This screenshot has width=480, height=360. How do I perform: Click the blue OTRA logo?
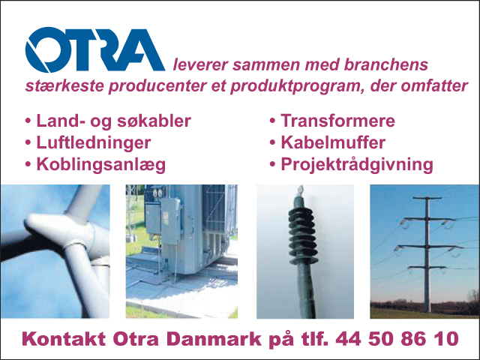pos(95,49)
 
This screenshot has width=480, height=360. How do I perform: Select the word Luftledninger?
pos(94,142)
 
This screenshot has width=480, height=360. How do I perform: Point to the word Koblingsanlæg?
pos(101,165)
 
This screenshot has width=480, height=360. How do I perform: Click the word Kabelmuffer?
pos(333,142)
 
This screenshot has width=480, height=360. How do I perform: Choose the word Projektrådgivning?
pos(357,165)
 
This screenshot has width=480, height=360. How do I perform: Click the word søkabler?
pos(154,121)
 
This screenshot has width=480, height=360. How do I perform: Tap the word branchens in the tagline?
pos(385,65)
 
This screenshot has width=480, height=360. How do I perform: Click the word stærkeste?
pos(64,86)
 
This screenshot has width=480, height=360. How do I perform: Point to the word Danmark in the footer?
pos(214,339)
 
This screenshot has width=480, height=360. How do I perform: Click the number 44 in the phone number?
pos(348,339)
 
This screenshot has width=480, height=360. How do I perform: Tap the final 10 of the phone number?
pos(446,339)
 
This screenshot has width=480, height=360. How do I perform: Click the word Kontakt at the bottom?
pos(64,339)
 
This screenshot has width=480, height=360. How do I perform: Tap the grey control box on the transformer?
pos(170,220)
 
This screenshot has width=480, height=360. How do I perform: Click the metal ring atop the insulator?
pos(301,190)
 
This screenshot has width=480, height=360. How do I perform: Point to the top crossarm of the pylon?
pos(427,198)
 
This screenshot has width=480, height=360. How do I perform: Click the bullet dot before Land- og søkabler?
pos(28,121)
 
